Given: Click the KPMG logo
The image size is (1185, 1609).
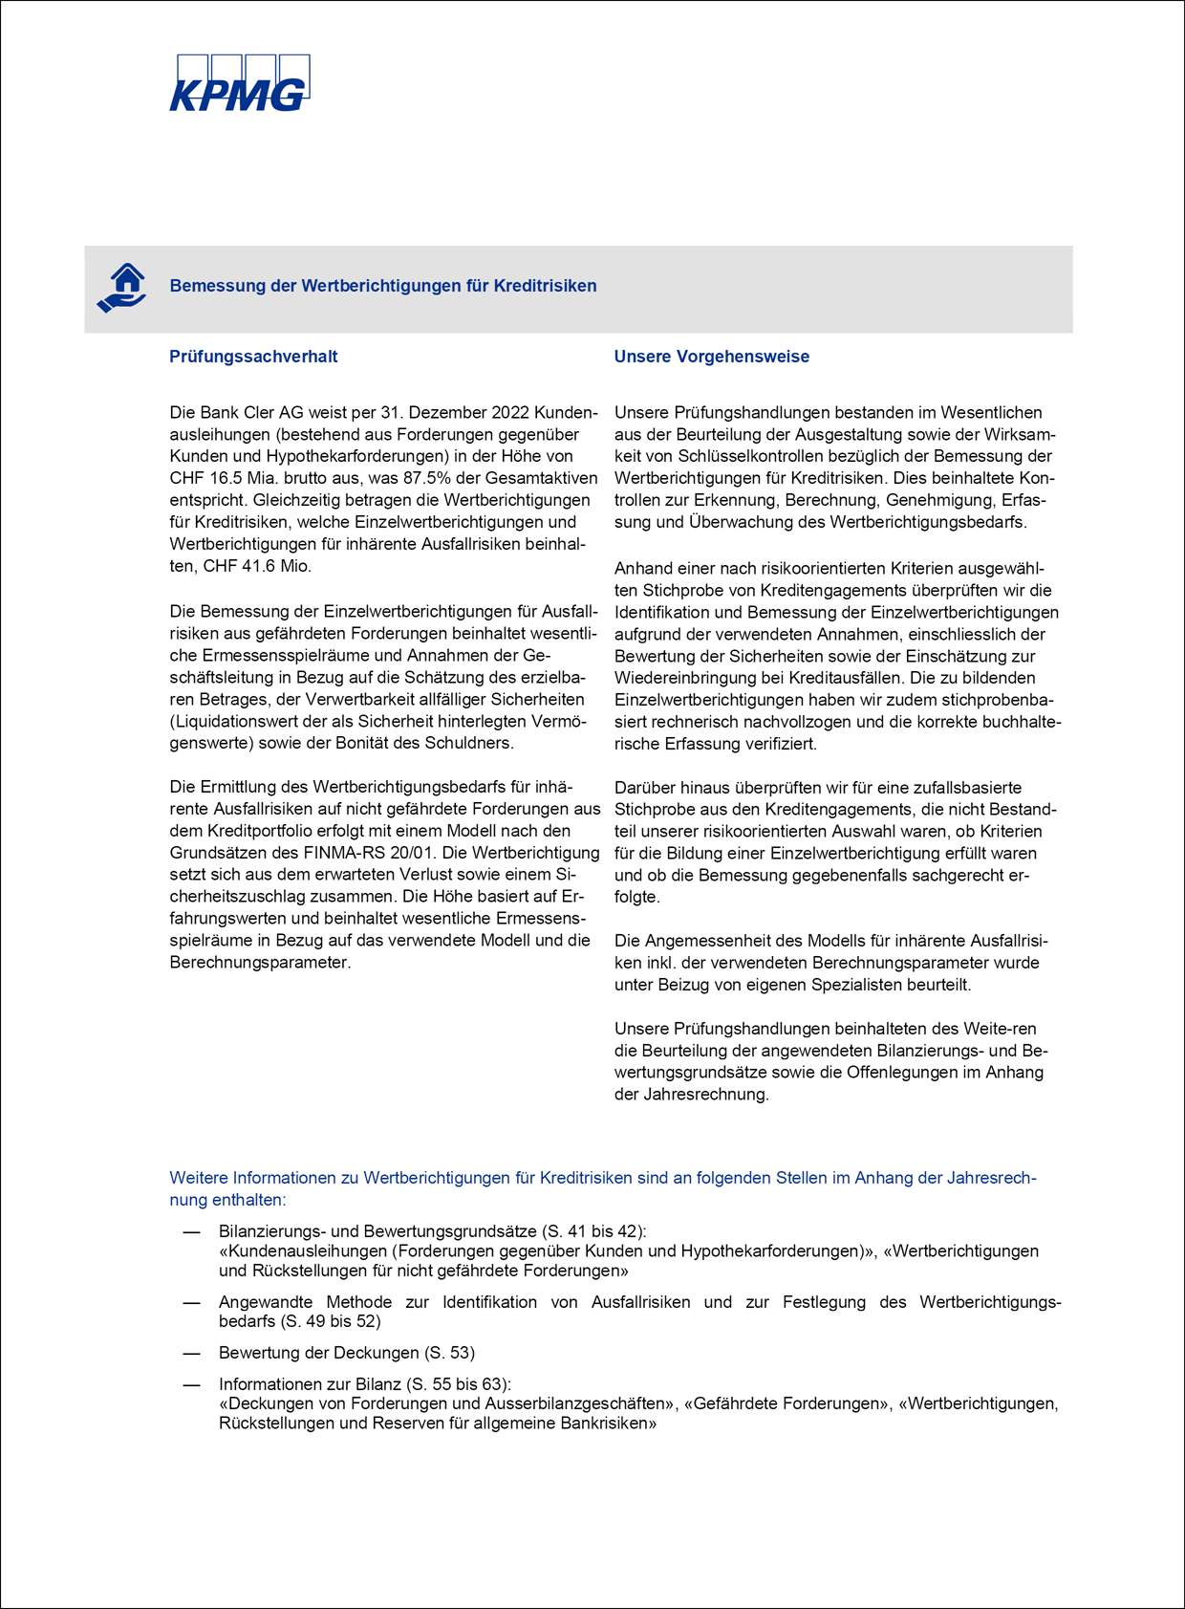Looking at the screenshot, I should click(x=239, y=84).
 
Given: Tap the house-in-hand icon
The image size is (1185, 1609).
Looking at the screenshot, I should click(x=122, y=287).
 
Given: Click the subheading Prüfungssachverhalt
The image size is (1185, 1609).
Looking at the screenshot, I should click(x=253, y=357).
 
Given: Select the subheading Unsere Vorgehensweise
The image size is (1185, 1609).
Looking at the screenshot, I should click(x=711, y=357).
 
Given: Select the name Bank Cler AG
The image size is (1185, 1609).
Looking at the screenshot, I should click(x=250, y=413).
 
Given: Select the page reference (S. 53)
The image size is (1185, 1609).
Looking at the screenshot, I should click(x=449, y=1353).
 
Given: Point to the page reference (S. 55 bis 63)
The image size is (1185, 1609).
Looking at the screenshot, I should click(x=459, y=1384).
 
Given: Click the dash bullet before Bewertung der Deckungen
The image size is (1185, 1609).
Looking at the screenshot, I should click(x=192, y=1353).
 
